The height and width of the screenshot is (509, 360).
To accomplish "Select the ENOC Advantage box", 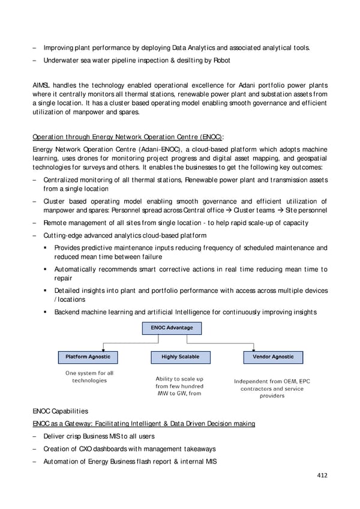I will point(172,328).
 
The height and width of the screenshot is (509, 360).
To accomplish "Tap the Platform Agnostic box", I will point(88,357).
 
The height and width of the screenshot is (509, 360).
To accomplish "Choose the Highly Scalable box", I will point(180,357).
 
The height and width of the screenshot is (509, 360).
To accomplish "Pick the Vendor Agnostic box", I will point(273,357).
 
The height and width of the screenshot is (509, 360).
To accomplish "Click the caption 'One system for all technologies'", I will point(89,377).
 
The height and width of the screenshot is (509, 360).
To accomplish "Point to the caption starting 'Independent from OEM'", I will point(272,388).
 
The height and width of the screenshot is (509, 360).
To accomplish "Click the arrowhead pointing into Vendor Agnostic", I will point(273,349).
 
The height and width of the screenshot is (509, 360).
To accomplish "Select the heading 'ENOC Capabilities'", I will point(60,411).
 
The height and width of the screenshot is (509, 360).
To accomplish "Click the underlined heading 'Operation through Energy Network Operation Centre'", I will point(128,136).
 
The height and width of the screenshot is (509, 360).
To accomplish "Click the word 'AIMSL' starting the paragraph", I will point(43,85).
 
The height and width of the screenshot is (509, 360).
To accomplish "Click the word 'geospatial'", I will point(310,158).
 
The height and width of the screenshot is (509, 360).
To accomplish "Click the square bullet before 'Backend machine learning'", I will point(46,312).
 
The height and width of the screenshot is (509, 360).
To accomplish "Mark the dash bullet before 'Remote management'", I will point(35,223).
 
